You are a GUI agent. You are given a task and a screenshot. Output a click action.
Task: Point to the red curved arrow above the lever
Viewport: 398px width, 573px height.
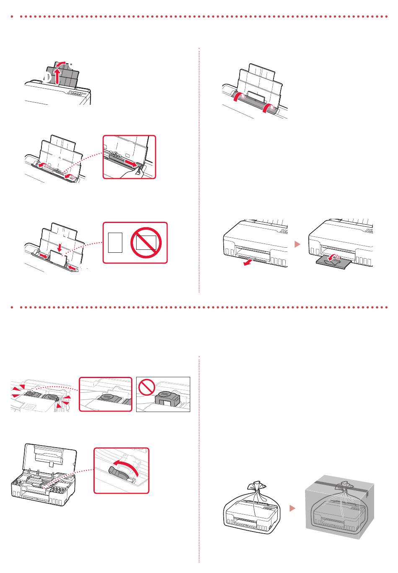tap(126, 465)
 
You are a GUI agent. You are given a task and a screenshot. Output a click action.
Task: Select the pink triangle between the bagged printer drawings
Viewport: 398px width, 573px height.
tap(293, 508)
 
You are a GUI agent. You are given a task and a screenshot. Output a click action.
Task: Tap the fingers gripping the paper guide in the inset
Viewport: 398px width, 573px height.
tap(140, 172)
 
